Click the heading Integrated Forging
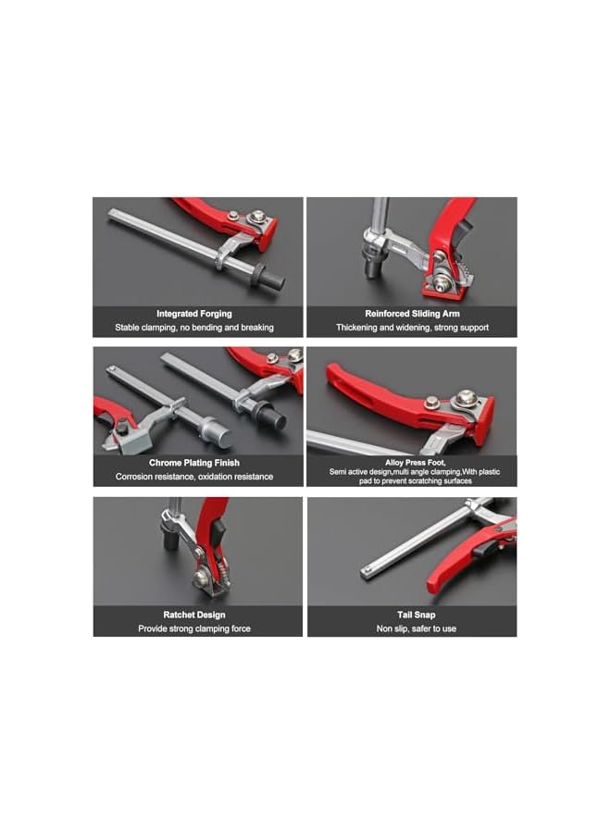194,314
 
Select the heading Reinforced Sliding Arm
413,314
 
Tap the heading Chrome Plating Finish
194,463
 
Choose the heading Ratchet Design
194,615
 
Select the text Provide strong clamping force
194,628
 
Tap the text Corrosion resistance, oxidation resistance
194,477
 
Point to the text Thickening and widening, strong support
413,328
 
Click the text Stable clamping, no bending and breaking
194,328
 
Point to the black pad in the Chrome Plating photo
272,419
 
